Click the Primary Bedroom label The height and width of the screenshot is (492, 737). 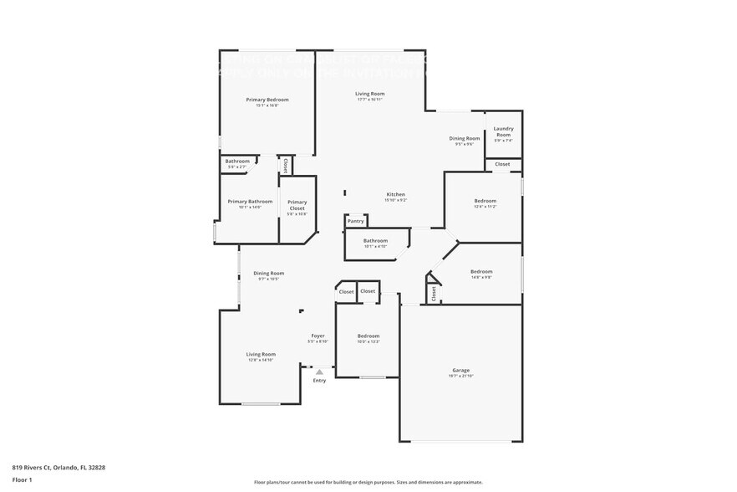[x=267, y=100]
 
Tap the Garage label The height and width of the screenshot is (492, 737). [x=460, y=370]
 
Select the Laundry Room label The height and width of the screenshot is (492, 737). [x=503, y=131]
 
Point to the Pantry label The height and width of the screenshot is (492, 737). [x=356, y=221]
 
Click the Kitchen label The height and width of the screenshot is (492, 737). [x=395, y=194]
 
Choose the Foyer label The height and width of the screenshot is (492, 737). [x=318, y=336]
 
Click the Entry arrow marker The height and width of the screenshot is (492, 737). [x=318, y=372]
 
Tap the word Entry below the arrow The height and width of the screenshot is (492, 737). [x=319, y=381]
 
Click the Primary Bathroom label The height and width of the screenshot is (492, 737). [x=250, y=201]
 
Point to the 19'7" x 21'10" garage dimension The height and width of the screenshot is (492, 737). [x=460, y=376]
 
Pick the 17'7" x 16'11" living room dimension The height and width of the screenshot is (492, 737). [x=369, y=100]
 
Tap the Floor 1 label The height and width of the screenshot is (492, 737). [x=22, y=479]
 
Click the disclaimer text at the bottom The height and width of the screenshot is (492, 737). [x=368, y=482]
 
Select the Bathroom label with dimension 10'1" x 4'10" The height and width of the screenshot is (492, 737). [x=375, y=241]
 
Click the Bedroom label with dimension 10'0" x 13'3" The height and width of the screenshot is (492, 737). [x=368, y=336]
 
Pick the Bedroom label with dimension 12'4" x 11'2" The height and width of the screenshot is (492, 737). [x=485, y=201]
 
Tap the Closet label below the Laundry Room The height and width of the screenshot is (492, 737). [x=502, y=164]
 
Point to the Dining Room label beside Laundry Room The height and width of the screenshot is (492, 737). [x=465, y=138]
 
